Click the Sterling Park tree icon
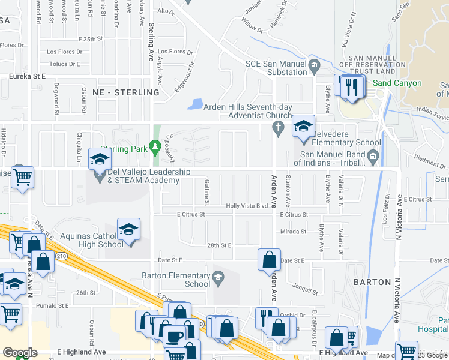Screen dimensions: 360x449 pos(154,145)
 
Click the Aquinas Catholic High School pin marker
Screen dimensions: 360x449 pos(128,230)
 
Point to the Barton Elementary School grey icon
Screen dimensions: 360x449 pos(218,276)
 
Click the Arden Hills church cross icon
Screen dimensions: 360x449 pos(277,127)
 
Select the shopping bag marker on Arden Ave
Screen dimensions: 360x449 pos(269,260)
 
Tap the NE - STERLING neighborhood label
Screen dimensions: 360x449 pos(126,92)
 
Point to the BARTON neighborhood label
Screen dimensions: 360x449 pos(372,281)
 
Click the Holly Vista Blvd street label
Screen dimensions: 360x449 pos(246,206)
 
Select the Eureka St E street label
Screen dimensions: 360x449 pos(27,76)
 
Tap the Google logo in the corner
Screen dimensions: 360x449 pos(20,353)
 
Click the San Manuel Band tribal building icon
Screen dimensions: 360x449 pos(373,158)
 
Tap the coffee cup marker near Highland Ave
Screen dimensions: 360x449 pos(174,337)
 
